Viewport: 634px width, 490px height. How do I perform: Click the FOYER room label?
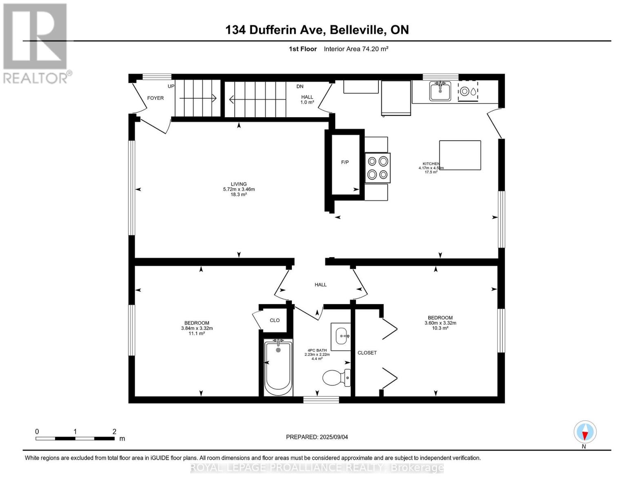point(155,98)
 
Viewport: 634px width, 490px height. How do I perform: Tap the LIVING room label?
point(239,184)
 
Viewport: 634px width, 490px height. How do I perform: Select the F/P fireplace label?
point(345,162)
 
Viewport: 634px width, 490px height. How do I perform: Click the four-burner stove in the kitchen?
point(378,167)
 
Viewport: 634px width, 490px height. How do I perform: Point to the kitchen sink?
point(440,91)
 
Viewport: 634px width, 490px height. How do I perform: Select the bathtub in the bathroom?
point(278,367)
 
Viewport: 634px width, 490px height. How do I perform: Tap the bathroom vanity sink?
point(341,336)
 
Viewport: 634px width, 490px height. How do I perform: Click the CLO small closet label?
point(275,320)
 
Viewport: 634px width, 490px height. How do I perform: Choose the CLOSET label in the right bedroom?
point(367,352)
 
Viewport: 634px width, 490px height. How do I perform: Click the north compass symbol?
point(585,432)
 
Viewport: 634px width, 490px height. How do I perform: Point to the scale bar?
point(75,439)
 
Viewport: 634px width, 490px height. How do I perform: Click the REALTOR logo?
point(36,43)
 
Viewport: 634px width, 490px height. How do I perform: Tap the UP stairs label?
point(171,86)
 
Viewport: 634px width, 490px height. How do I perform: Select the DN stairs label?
point(300,86)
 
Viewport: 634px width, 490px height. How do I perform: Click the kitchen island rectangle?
point(460,155)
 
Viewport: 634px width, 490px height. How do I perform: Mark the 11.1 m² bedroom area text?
point(197,333)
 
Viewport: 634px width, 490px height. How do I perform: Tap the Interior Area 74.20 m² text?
point(356,49)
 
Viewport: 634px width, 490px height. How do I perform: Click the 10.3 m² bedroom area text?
point(440,328)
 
